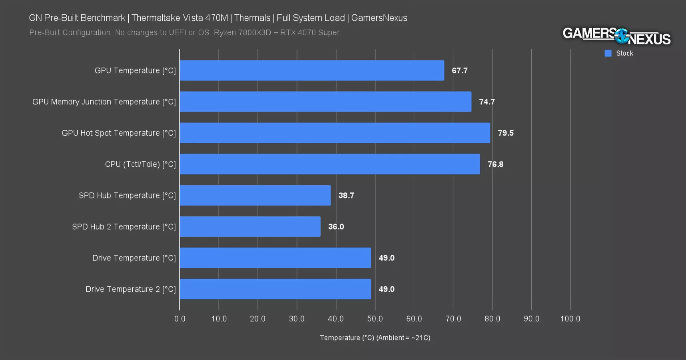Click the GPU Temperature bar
click(x=312, y=70)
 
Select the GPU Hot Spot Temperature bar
click(x=335, y=133)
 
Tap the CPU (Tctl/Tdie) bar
click(x=329, y=164)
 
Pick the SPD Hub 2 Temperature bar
click(x=250, y=226)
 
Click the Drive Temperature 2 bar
click(x=275, y=289)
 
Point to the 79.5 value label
click(x=505, y=133)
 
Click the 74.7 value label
click(x=487, y=102)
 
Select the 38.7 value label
click(x=346, y=195)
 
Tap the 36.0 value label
click(x=336, y=226)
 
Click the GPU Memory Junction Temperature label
click(x=104, y=102)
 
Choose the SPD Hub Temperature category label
click(x=127, y=195)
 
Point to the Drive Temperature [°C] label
click(x=134, y=258)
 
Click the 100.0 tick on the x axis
click(x=570, y=318)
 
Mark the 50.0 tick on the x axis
click(x=375, y=318)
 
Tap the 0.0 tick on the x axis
click(x=179, y=318)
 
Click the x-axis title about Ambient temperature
click(x=375, y=338)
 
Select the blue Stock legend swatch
click(x=608, y=53)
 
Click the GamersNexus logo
click(x=616, y=36)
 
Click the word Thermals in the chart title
click(x=252, y=18)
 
